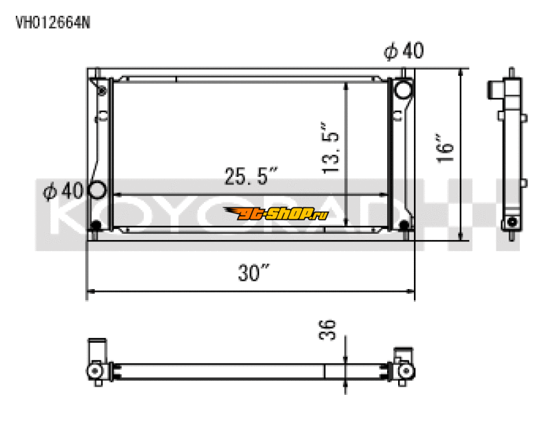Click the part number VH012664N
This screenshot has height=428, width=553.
click(53, 21)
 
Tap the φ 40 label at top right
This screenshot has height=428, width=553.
click(404, 51)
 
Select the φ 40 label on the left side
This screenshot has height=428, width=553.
click(63, 190)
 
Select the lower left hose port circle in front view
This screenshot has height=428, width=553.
click(97, 189)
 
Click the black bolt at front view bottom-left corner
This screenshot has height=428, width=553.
click(97, 225)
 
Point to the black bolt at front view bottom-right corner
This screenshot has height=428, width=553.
click(403, 225)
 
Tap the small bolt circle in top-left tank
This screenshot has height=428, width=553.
click(102, 91)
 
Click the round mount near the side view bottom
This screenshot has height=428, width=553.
click(512, 222)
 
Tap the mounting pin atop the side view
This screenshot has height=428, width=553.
click(512, 73)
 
